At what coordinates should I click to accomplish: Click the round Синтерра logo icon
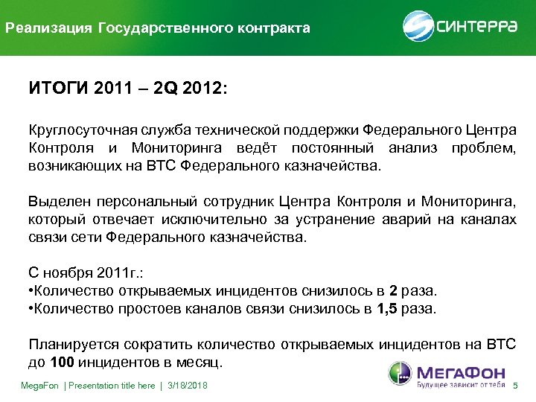tap(418, 26)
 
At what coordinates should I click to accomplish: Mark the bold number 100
tap(62, 364)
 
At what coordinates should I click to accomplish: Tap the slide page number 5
tap(515, 386)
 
